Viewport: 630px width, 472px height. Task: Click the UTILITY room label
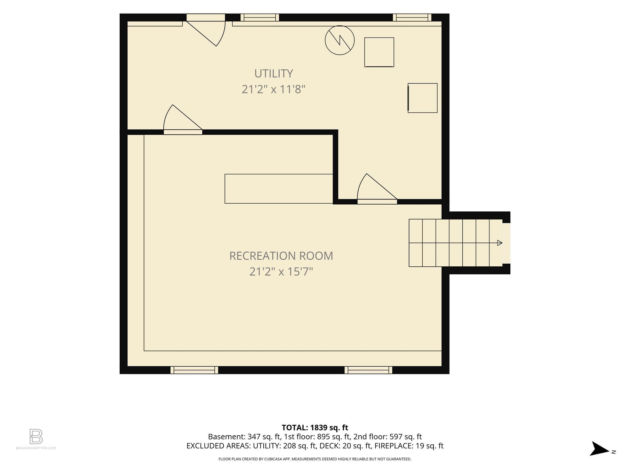[x=273, y=73]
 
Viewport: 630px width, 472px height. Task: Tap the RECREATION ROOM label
[x=281, y=256]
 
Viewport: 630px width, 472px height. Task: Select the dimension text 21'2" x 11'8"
[x=273, y=89]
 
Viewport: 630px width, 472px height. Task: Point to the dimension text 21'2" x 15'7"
[x=281, y=272]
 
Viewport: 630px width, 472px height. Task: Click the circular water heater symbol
[x=340, y=40]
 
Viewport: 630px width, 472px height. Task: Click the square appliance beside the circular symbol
[x=379, y=52]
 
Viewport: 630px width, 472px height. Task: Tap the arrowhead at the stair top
[x=500, y=243]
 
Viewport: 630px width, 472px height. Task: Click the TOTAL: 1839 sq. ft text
[x=315, y=427]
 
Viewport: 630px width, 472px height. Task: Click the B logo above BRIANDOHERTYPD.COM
[x=36, y=436]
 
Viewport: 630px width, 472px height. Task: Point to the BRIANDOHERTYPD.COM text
[x=36, y=448]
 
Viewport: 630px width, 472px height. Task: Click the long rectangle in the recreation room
[x=279, y=189]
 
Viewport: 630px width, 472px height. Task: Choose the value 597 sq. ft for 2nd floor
[x=406, y=437]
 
